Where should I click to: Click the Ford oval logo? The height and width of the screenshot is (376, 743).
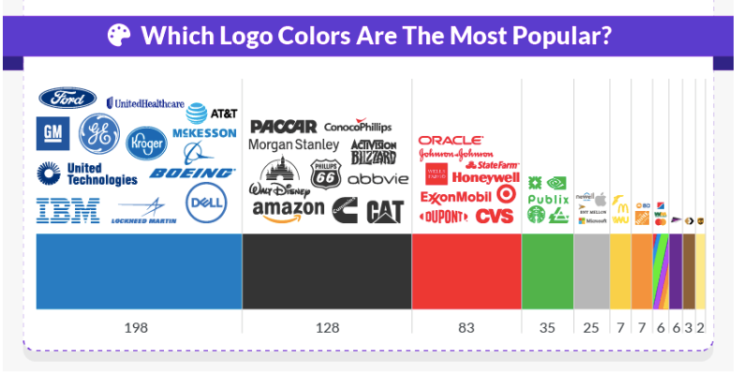coord(67,98)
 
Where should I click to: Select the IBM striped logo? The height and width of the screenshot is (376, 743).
coord(67,210)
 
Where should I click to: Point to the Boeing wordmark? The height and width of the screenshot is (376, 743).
coord(192,173)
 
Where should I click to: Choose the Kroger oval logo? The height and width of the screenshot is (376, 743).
coord(145,142)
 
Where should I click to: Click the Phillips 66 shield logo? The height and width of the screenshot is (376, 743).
coord(324,173)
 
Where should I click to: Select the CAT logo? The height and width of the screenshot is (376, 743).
coord(385,212)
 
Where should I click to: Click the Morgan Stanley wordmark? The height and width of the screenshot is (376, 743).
coord(293,145)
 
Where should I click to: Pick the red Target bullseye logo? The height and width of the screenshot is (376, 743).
coord(507,194)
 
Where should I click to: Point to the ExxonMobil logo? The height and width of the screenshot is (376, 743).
coord(456,197)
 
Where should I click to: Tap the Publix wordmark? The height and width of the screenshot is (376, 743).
coord(548,199)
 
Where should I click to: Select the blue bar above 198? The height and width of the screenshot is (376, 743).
coord(139,271)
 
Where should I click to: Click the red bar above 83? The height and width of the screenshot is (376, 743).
coord(466,271)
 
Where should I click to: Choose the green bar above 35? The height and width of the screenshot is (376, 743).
coord(547,271)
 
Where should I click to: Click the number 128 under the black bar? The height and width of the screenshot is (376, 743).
coord(326,328)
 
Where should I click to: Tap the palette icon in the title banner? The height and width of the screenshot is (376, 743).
coord(120,36)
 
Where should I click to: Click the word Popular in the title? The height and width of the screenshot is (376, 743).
coord(566,37)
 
